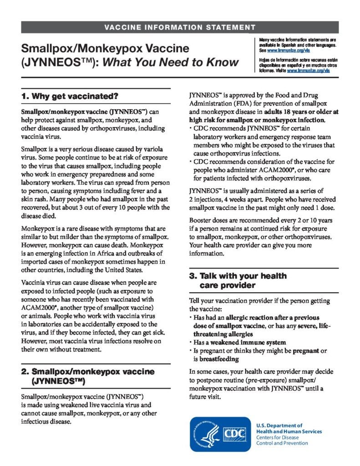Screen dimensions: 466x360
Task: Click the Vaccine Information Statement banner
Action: point(180,27)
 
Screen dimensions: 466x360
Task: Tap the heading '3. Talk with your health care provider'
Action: point(238,281)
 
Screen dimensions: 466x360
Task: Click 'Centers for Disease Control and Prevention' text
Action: point(282,440)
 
